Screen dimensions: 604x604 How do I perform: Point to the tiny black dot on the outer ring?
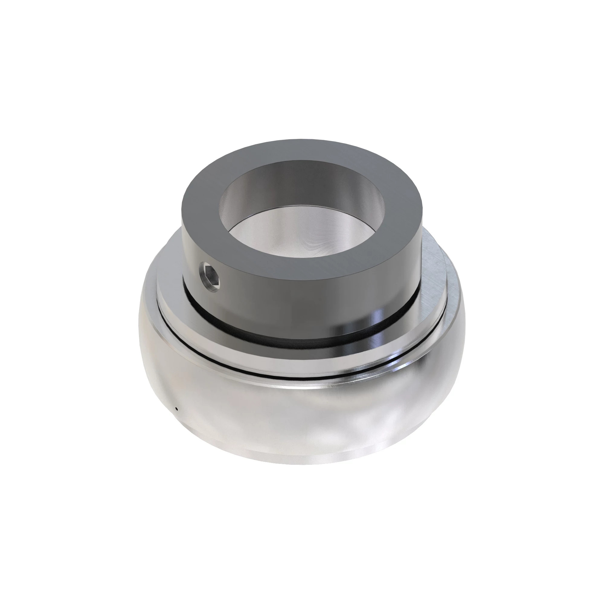point(177,409)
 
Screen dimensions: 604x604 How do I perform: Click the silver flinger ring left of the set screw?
point(169,291)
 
